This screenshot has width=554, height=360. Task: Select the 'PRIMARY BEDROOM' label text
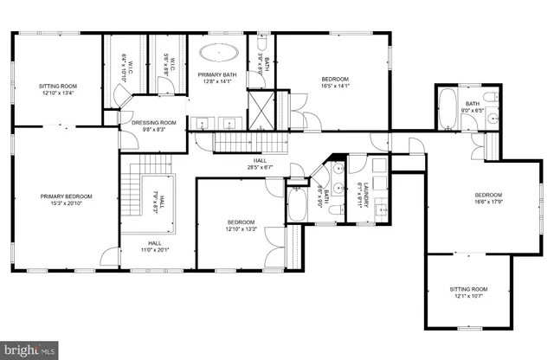[x=66, y=196]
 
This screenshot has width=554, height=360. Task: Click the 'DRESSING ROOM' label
[x=154, y=123]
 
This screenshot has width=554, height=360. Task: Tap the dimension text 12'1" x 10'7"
[x=468, y=297]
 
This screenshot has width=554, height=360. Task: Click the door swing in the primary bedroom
[x=110, y=256]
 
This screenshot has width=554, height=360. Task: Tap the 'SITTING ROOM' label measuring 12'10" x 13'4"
[x=59, y=87]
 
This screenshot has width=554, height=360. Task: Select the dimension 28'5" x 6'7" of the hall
[x=260, y=167]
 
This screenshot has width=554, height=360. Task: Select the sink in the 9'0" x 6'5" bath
[x=493, y=118]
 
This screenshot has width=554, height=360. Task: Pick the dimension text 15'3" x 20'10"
[x=66, y=204]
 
